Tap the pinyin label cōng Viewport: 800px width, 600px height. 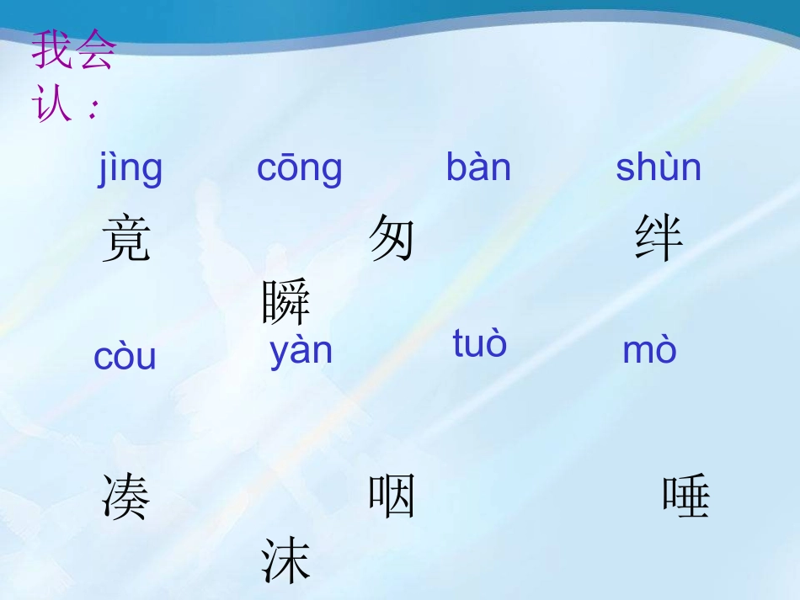pyautogui.click(x=300, y=168)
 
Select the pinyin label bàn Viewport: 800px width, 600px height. pyautogui.click(x=478, y=168)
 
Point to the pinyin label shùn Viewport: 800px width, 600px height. pyautogui.click(x=659, y=168)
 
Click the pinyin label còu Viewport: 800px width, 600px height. pyautogui.click(x=125, y=357)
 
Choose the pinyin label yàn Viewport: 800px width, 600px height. pyautogui.click(x=301, y=351)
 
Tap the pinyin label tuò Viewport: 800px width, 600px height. pyautogui.click(x=480, y=343)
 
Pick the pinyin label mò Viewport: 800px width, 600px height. pyautogui.click(x=649, y=351)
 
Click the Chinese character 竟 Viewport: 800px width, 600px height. pyautogui.click(x=126, y=239)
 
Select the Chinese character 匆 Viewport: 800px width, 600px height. pyautogui.click(x=392, y=237)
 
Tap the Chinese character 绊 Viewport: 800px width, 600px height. pyautogui.click(x=659, y=239)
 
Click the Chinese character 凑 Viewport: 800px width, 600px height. pyautogui.click(x=126, y=496)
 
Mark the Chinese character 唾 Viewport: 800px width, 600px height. pyautogui.click(x=686, y=496)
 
